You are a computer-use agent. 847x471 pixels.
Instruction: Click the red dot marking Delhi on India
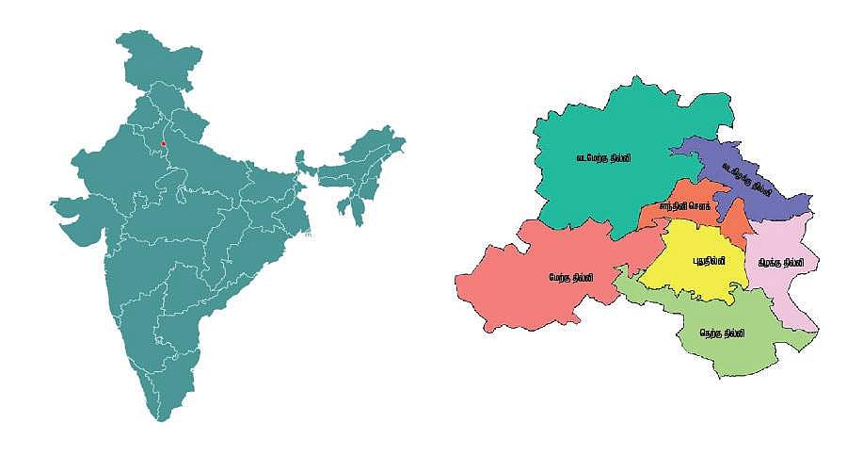point(164,143)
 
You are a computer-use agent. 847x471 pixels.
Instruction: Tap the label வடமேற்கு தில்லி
point(603,158)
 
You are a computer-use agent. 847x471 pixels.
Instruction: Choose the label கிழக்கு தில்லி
point(781,262)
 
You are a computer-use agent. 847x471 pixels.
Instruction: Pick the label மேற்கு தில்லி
point(571,278)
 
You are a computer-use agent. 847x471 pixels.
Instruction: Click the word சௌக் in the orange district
point(697,204)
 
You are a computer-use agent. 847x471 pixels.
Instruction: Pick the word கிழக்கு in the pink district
point(770,262)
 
